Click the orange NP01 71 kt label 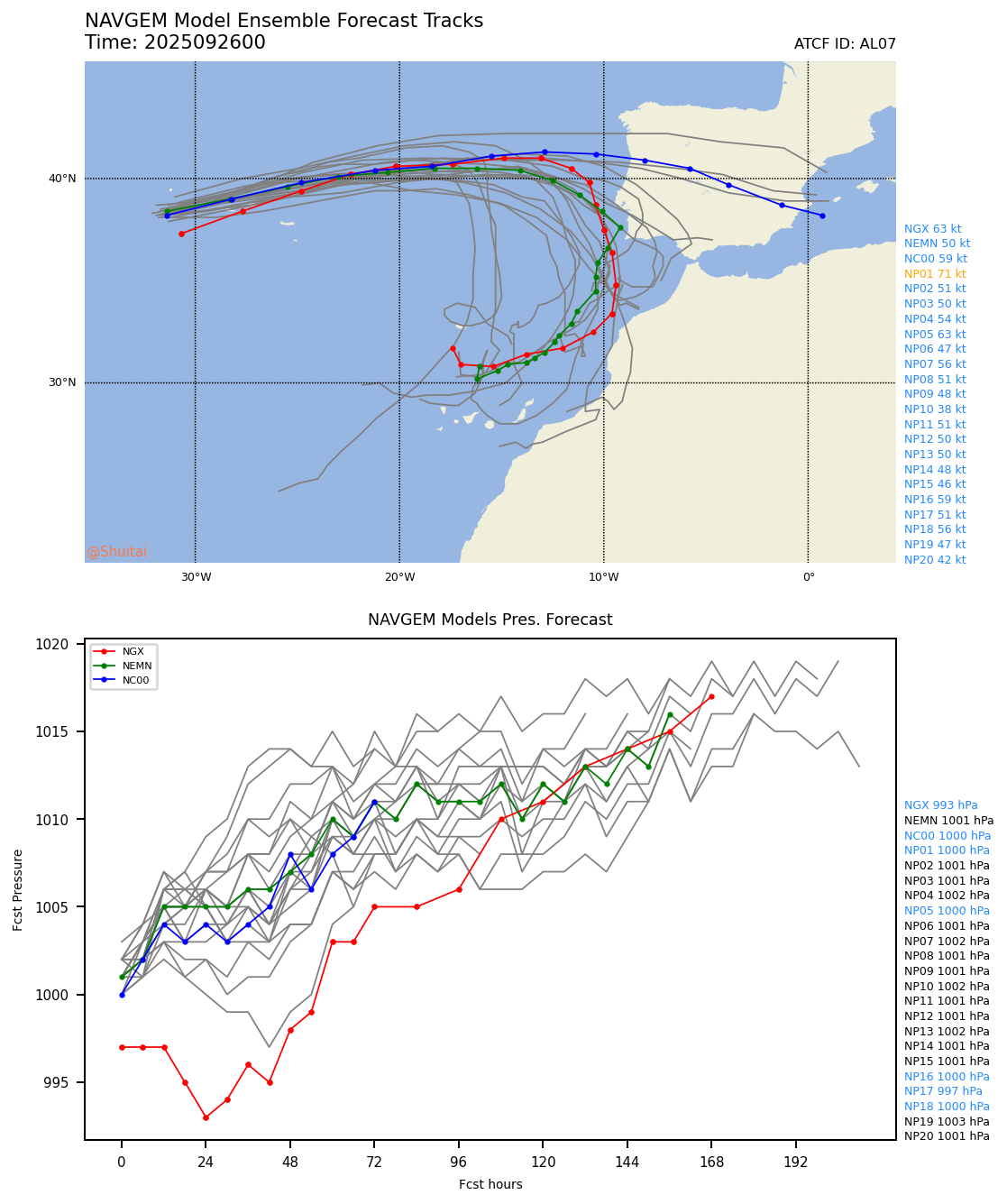pos(935,274)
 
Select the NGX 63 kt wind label pos(932,229)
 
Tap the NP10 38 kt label pos(935,409)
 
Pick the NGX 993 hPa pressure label pos(940,805)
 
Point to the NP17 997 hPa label pos(943,1091)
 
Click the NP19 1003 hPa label pos(947,1122)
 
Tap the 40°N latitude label pos(62,179)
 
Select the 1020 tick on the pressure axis pos(66,645)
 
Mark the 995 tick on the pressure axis pos(69,1082)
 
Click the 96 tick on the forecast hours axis pos(459,1162)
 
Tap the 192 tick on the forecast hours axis pos(796,1162)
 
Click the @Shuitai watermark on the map pos(117,552)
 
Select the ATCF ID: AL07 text pos(845,44)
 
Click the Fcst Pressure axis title pos(18,889)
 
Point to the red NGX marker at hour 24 pos(206,1117)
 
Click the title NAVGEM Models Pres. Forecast pos(490,620)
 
